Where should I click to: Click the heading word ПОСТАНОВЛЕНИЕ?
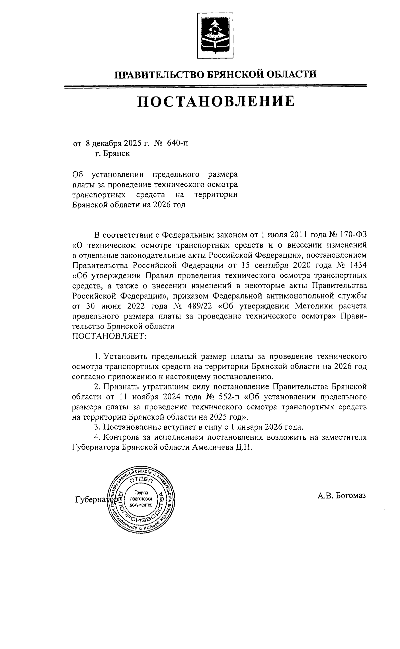(x=216, y=102)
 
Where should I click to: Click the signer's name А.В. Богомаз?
(x=342, y=496)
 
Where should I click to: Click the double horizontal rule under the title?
(x=215, y=87)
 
